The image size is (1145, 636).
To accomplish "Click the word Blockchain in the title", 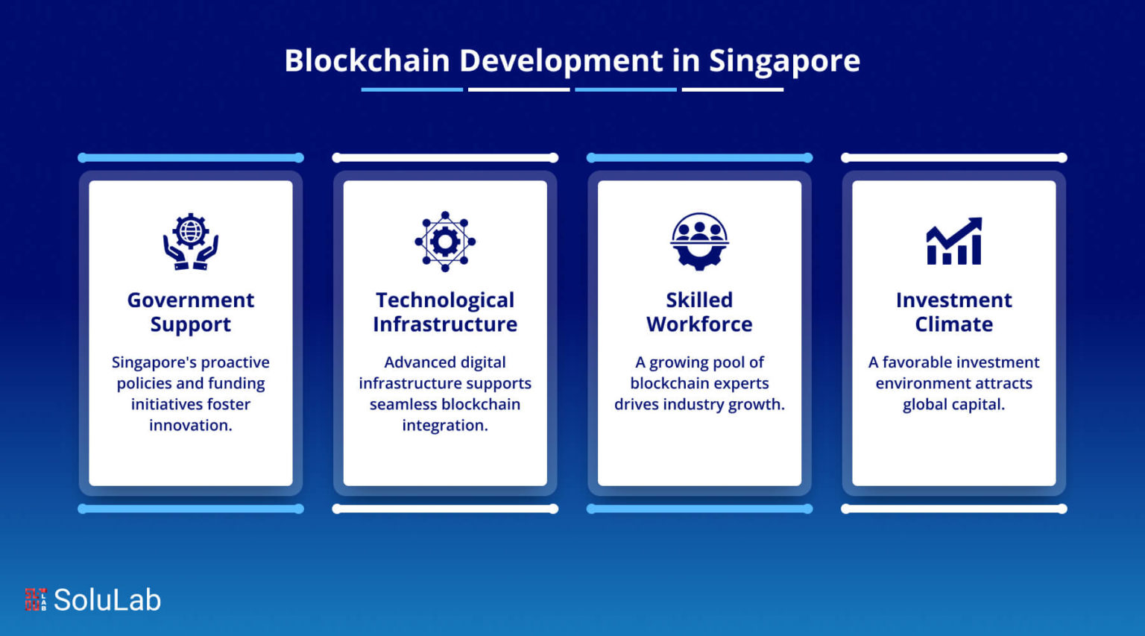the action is coord(367,60).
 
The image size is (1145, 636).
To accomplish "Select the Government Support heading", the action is coord(191,312).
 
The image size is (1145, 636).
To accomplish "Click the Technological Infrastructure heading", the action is coord(445,312).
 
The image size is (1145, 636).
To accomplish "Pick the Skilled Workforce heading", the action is coord(699,312).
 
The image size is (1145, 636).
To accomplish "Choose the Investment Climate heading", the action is coord(954,312).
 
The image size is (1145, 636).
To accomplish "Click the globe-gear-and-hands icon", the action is coord(191,242).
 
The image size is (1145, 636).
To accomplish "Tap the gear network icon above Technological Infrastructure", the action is coord(445,242).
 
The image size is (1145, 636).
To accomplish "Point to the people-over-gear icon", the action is coord(699,242).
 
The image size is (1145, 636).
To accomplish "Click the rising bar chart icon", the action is coord(954,241).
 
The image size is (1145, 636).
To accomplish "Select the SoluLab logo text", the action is coord(107,599).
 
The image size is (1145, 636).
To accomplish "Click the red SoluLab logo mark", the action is coord(35,599).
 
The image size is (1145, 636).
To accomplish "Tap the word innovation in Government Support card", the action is coord(191,425).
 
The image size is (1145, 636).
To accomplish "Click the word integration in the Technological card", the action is coord(445,425).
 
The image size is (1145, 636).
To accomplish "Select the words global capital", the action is coord(954,404).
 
